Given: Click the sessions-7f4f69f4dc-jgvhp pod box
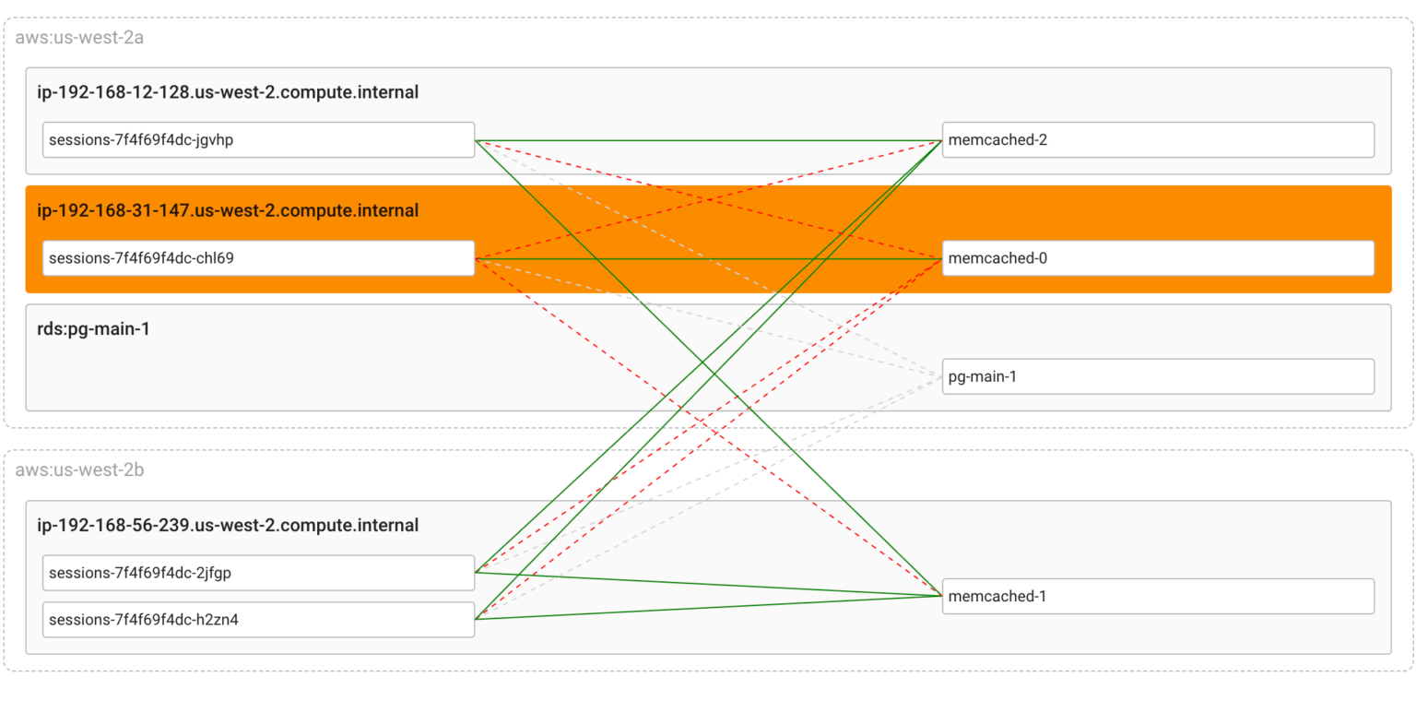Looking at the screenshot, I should click(x=258, y=140).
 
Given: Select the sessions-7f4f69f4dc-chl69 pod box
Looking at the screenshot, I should click(x=258, y=258).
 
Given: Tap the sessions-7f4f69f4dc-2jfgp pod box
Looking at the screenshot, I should click(x=258, y=573).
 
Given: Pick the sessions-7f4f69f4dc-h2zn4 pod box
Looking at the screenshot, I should click(x=258, y=620).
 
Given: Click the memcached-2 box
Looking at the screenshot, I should click(x=1158, y=140).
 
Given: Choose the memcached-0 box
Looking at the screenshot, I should click(x=1158, y=258).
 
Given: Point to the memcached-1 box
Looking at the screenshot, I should click(x=1158, y=596).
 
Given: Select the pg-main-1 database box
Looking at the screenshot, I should click(x=1158, y=376).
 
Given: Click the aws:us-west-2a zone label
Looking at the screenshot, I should click(x=79, y=38).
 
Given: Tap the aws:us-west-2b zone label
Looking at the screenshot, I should click(x=79, y=470).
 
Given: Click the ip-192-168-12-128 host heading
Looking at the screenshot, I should click(x=228, y=92).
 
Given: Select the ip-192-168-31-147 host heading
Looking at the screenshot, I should click(x=228, y=210).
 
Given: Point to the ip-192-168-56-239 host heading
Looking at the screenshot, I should click(x=228, y=525).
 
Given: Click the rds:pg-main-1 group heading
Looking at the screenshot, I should click(x=93, y=328).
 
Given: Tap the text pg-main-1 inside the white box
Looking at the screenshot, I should click(x=982, y=376).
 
